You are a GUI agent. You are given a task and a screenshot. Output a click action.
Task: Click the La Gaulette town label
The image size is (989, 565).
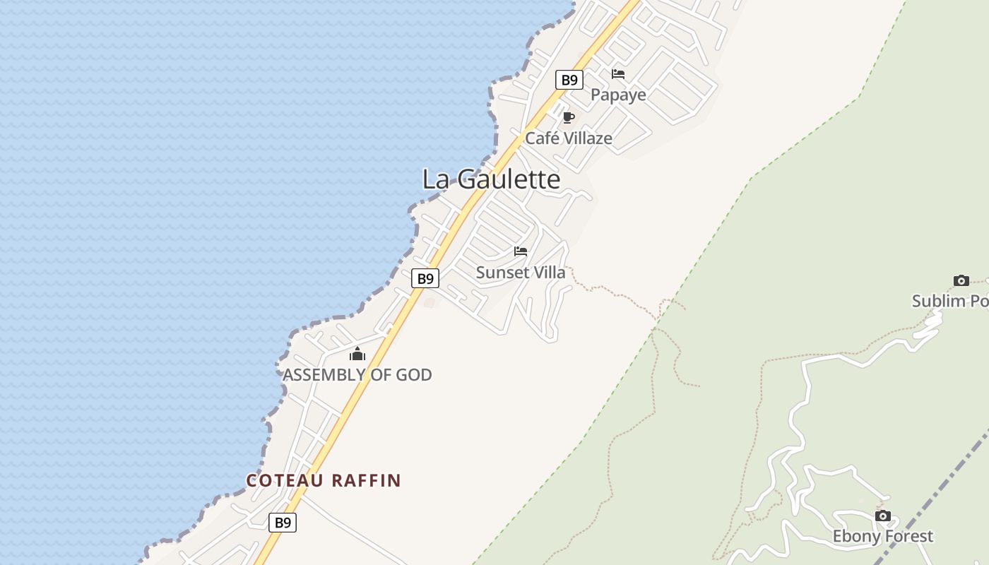pyautogui.click(x=491, y=179)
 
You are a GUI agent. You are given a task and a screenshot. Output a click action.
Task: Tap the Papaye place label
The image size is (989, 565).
pyautogui.click(x=618, y=95)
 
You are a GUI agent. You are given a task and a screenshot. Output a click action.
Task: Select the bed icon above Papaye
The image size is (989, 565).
pyautogui.click(x=618, y=74)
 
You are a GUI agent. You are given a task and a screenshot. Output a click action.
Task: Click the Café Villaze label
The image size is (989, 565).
pyautogui.click(x=568, y=138)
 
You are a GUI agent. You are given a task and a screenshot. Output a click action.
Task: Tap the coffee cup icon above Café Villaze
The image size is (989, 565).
pyautogui.click(x=568, y=117)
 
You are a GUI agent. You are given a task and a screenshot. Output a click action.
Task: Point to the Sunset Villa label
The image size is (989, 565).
pyautogui.click(x=521, y=273)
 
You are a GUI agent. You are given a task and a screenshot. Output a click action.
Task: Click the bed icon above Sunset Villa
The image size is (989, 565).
pyautogui.click(x=521, y=251)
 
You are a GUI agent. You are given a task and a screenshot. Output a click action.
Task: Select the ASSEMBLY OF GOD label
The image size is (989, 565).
pyautogui.click(x=357, y=375)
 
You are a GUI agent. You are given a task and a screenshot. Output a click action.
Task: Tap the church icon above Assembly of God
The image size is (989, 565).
pyautogui.click(x=357, y=354)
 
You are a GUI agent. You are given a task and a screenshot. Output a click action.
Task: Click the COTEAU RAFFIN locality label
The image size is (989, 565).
pyautogui.click(x=324, y=481)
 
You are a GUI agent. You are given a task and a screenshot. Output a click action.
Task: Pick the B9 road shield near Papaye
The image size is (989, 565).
pyautogui.click(x=569, y=80)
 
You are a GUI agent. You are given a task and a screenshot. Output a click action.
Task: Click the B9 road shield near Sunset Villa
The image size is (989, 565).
pyautogui.click(x=425, y=278)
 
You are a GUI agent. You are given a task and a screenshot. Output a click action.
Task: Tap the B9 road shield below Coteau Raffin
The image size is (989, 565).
pyautogui.click(x=283, y=523)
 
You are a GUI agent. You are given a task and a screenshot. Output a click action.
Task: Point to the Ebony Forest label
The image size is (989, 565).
pyautogui.click(x=882, y=537)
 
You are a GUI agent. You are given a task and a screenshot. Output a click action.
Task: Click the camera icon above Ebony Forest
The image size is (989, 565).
pyautogui.click(x=883, y=516)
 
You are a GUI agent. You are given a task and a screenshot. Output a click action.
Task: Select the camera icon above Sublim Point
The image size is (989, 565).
pyautogui.click(x=961, y=281)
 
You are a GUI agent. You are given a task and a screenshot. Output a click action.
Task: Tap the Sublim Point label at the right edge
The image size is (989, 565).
pyautogui.click(x=949, y=302)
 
